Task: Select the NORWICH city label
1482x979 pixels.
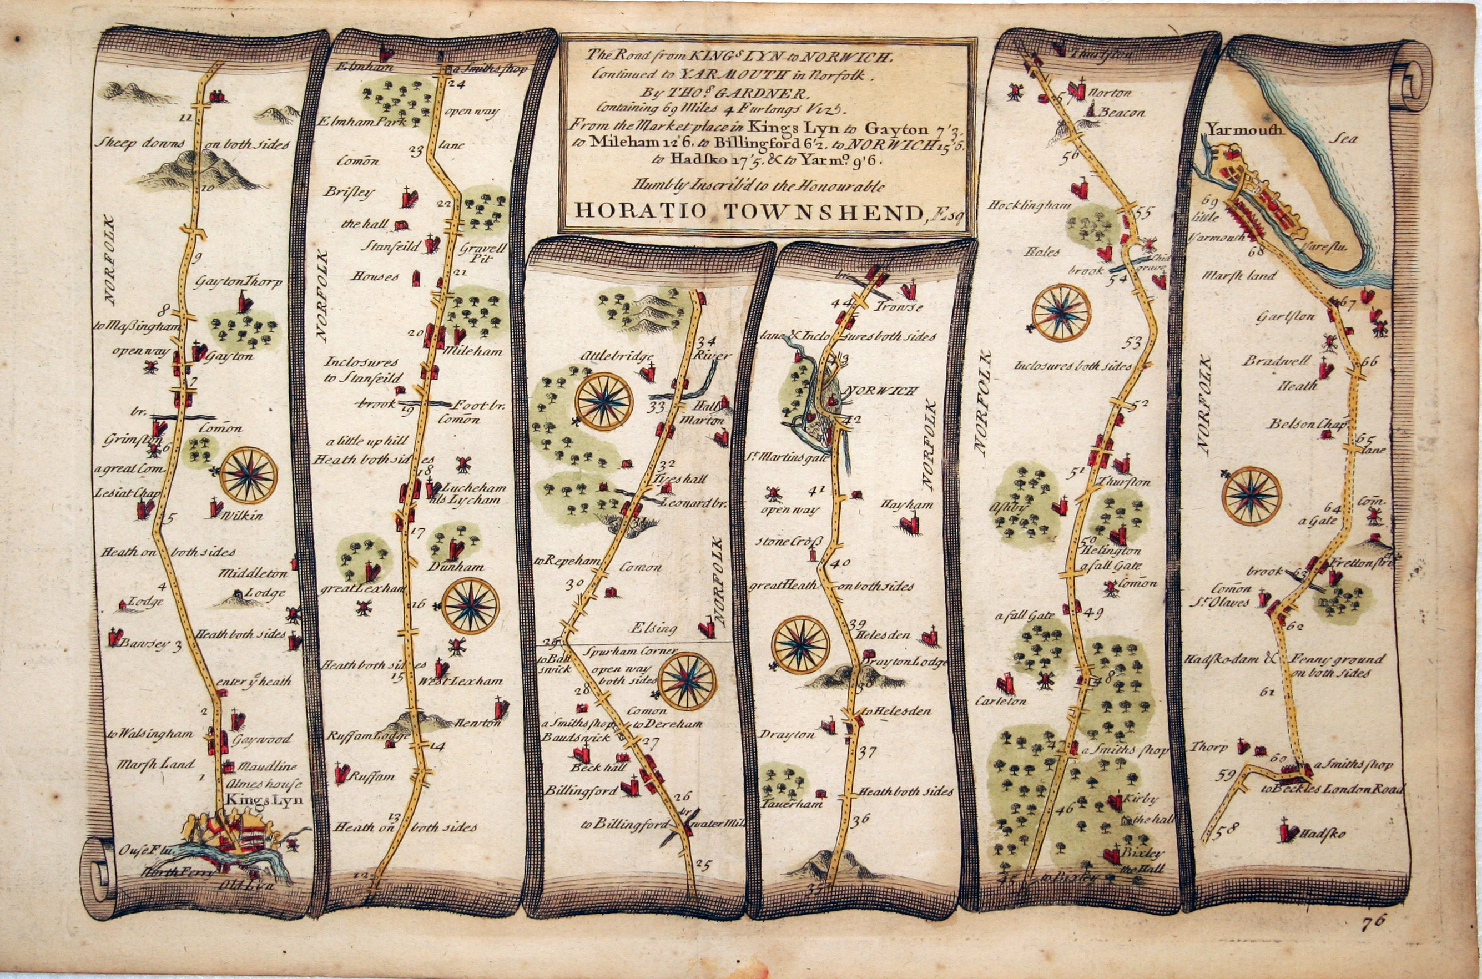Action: (x=881, y=391)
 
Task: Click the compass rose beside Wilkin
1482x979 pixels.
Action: (x=249, y=475)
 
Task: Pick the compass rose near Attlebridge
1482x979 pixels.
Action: (x=604, y=401)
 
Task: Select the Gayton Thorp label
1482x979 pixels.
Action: (x=239, y=282)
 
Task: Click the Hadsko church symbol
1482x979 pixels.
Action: (x=1285, y=830)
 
